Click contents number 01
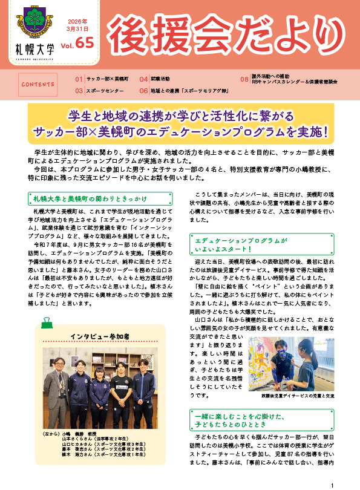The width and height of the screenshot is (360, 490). [x=79, y=79]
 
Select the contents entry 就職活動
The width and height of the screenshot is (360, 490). [x=160, y=79]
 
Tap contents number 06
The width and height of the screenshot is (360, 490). [x=143, y=90]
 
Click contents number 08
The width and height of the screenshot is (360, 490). [x=244, y=79]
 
